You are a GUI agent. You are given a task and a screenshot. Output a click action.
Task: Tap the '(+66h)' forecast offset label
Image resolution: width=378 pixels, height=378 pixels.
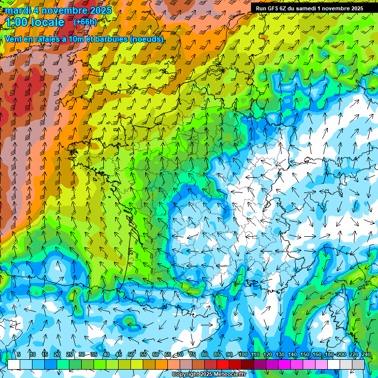tap(85, 22)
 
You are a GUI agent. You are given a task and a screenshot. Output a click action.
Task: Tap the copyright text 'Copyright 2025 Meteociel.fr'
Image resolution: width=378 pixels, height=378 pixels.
tap(208, 375)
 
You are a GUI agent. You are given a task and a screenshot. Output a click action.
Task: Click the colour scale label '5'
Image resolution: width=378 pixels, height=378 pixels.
tap(19, 354)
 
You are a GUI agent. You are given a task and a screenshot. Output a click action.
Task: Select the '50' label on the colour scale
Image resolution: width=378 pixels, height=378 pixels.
tap(131, 354)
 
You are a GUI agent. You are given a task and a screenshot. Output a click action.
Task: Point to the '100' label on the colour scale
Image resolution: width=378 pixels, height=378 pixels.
tap(243, 354)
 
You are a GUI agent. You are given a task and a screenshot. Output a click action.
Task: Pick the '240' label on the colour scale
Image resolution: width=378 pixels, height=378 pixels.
tap(366, 354)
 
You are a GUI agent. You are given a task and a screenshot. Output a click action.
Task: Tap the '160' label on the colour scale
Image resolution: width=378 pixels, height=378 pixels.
tap(317, 354)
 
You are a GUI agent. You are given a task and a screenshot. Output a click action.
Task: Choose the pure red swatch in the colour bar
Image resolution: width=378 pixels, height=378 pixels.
tap(223, 364)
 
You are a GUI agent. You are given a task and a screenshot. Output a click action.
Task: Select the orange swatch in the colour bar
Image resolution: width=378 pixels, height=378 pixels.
tap(161, 364)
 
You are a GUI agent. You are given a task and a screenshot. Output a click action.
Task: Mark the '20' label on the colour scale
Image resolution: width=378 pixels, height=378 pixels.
tap(57, 354)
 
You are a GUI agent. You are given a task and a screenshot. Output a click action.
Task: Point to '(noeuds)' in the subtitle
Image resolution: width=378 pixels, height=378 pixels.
tap(147, 39)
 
